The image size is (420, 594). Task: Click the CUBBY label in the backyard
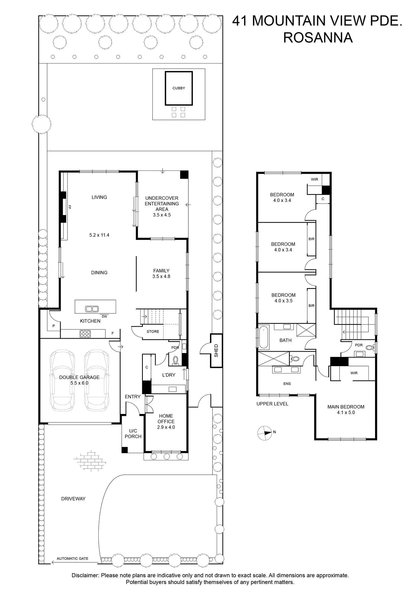tap(178, 88)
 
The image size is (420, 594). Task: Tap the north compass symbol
tap(265, 433)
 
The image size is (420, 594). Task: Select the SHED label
tap(216, 350)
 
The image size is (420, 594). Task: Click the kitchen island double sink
tap(92, 309)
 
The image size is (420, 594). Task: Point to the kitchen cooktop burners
tap(85, 334)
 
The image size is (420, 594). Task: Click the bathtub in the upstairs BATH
tap(264, 337)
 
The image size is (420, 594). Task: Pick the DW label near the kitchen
tap(104, 316)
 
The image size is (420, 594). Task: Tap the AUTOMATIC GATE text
tap(72, 558)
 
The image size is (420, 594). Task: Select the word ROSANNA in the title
tap(318, 37)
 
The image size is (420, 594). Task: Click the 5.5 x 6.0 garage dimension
tap(79, 383)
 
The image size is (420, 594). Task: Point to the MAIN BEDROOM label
tap(346, 407)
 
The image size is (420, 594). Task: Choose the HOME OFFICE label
tap(166, 418)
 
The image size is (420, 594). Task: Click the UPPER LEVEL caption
tap(272, 404)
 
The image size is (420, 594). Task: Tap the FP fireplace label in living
tap(70, 207)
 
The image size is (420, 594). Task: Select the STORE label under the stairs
tap(153, 332)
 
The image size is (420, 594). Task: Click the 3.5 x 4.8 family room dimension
tap(161, 276)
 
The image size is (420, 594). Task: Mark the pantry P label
tap(53, 326)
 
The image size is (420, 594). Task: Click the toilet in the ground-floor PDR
tap(175, 360)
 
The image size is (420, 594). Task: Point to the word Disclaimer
tap(85, 575)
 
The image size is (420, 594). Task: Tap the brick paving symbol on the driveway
tap(89, 461)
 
